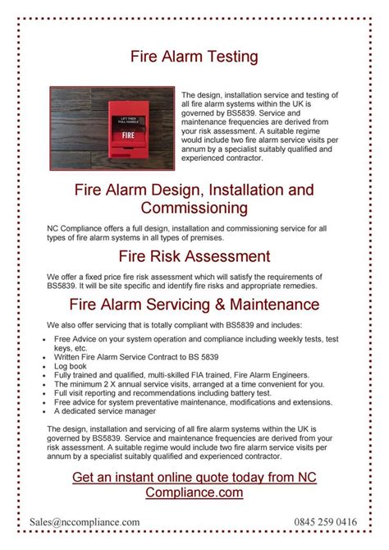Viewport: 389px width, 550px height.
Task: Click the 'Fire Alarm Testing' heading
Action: pyautogui.click(x=194, y=56)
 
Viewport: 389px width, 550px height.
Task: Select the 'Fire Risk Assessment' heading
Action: pyautogui.click(x=194, y=257)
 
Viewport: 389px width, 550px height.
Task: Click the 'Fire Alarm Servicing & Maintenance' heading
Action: pyautogui.click(x=194, y=305)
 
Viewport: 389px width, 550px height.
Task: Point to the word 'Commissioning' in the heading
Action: pyautogui.click(x=194, y=208)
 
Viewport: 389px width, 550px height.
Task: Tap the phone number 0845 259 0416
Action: pyautogui.click(x=326, y=521)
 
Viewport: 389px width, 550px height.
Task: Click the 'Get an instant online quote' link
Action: pyautogui.click(x=194, y=478)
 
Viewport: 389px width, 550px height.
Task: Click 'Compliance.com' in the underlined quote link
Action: pyautogui.click(x=194, y=493)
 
